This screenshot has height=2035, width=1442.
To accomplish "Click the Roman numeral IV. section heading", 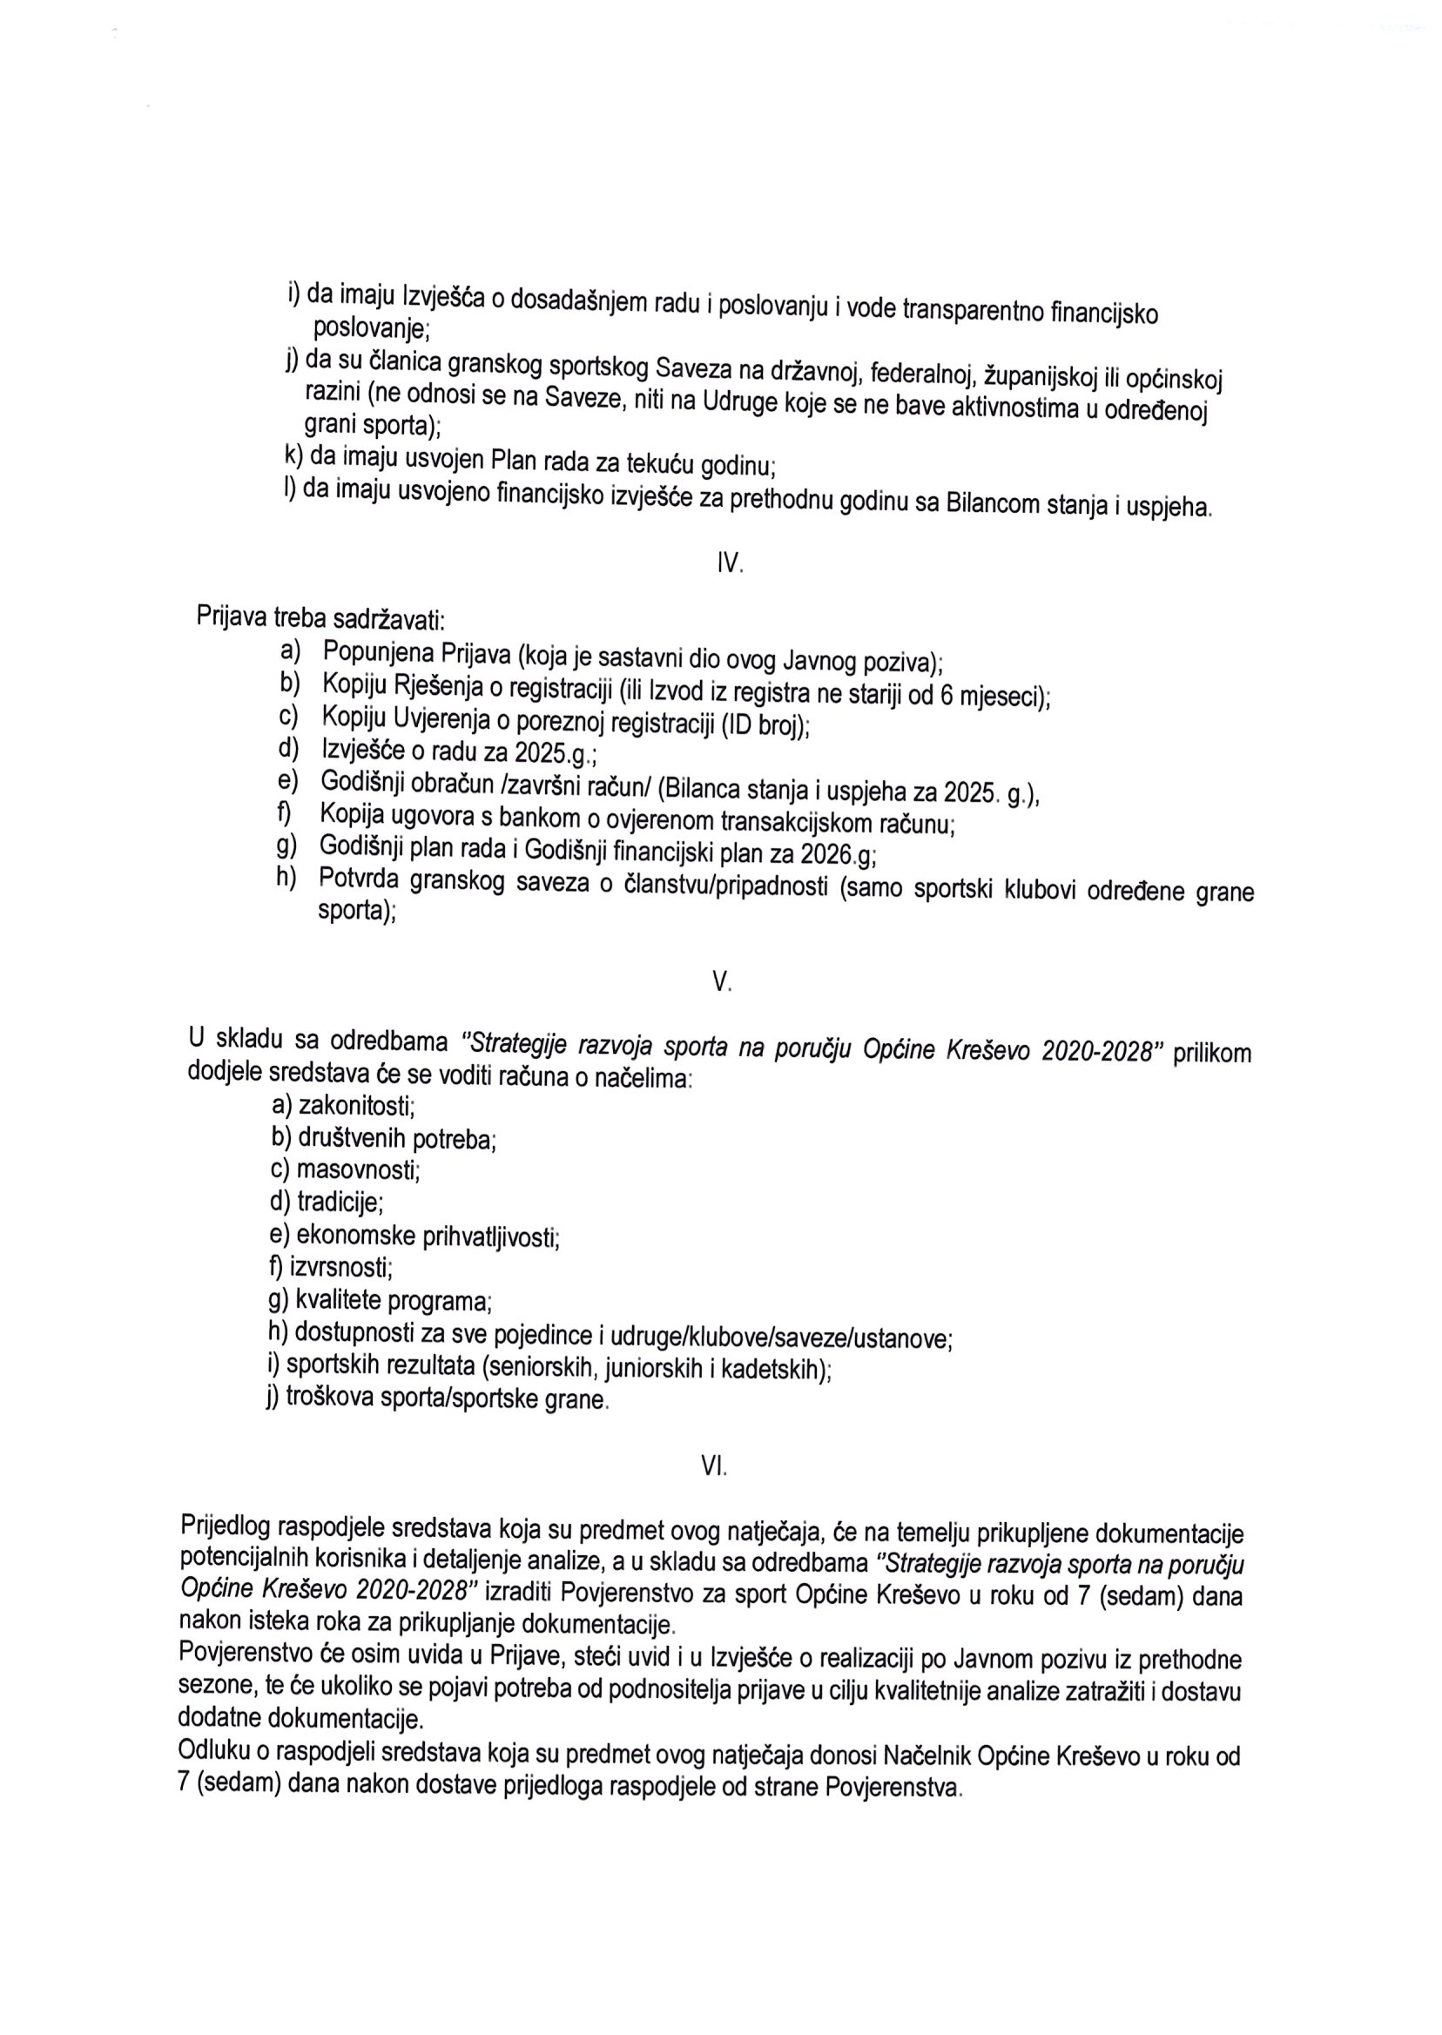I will [x=729, y=563].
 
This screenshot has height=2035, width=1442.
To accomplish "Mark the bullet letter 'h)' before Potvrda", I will [x=286, y=877].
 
